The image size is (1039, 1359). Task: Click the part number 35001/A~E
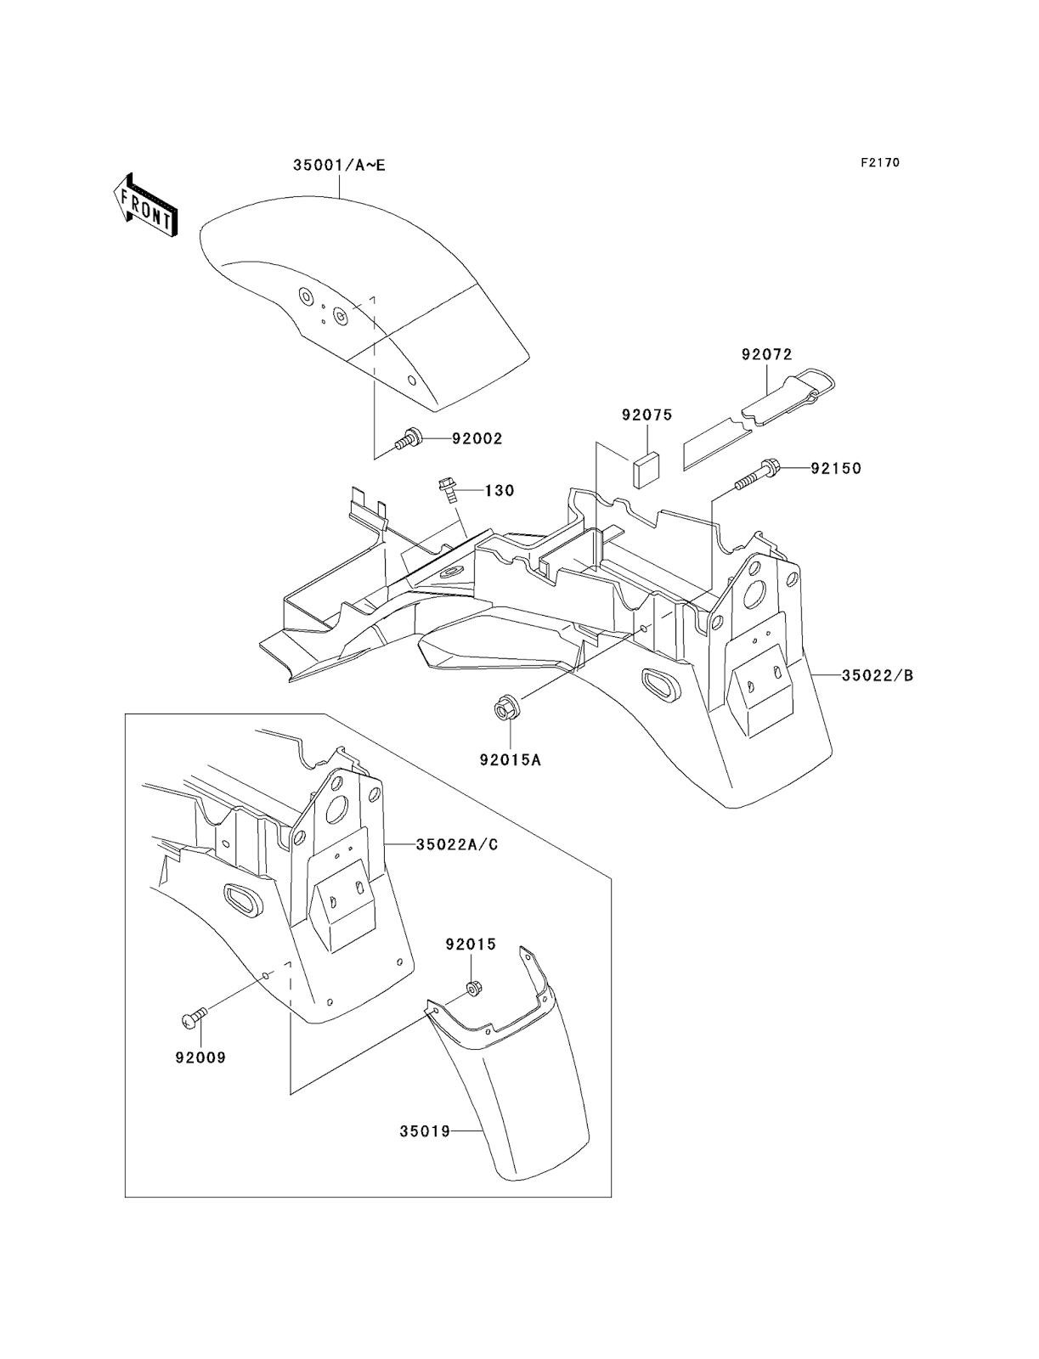pyautogui.click(x=339, y=165)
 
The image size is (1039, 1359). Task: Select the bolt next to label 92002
pyautogui.click(x=409, y=439)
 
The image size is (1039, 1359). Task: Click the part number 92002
pyautogui.click(x=477, y=439)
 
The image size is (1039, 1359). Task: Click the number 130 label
pyautogui.click(x=500, y=490)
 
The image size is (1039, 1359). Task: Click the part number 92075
pyautogui.click(x=647, y=415)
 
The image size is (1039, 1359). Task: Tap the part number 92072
pyautogui.click(x=766, y=354)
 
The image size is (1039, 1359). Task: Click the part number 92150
pyautogui.click(x=836, y=468)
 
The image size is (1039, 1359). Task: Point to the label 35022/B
pyautogui.click(x=878, y=676)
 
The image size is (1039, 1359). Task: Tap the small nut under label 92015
pyautogui.click(x=471, y=989)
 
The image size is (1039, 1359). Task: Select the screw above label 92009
pyautogui.click(x=195, y=1015)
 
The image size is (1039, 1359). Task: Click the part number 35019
pyautogui.click(x=425, y=1131)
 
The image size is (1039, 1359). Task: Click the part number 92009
pyautogui.click(x=200, y=1058)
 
